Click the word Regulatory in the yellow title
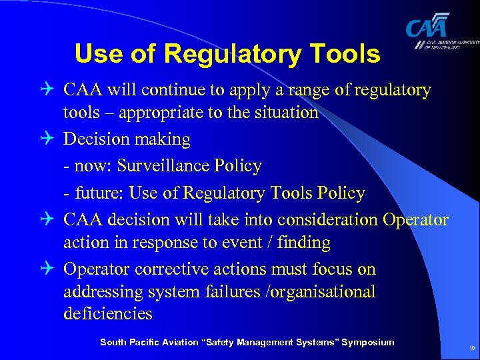[x=230, y=53]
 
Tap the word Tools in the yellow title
[x=345, y=53]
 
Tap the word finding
[x=303, y=243]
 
